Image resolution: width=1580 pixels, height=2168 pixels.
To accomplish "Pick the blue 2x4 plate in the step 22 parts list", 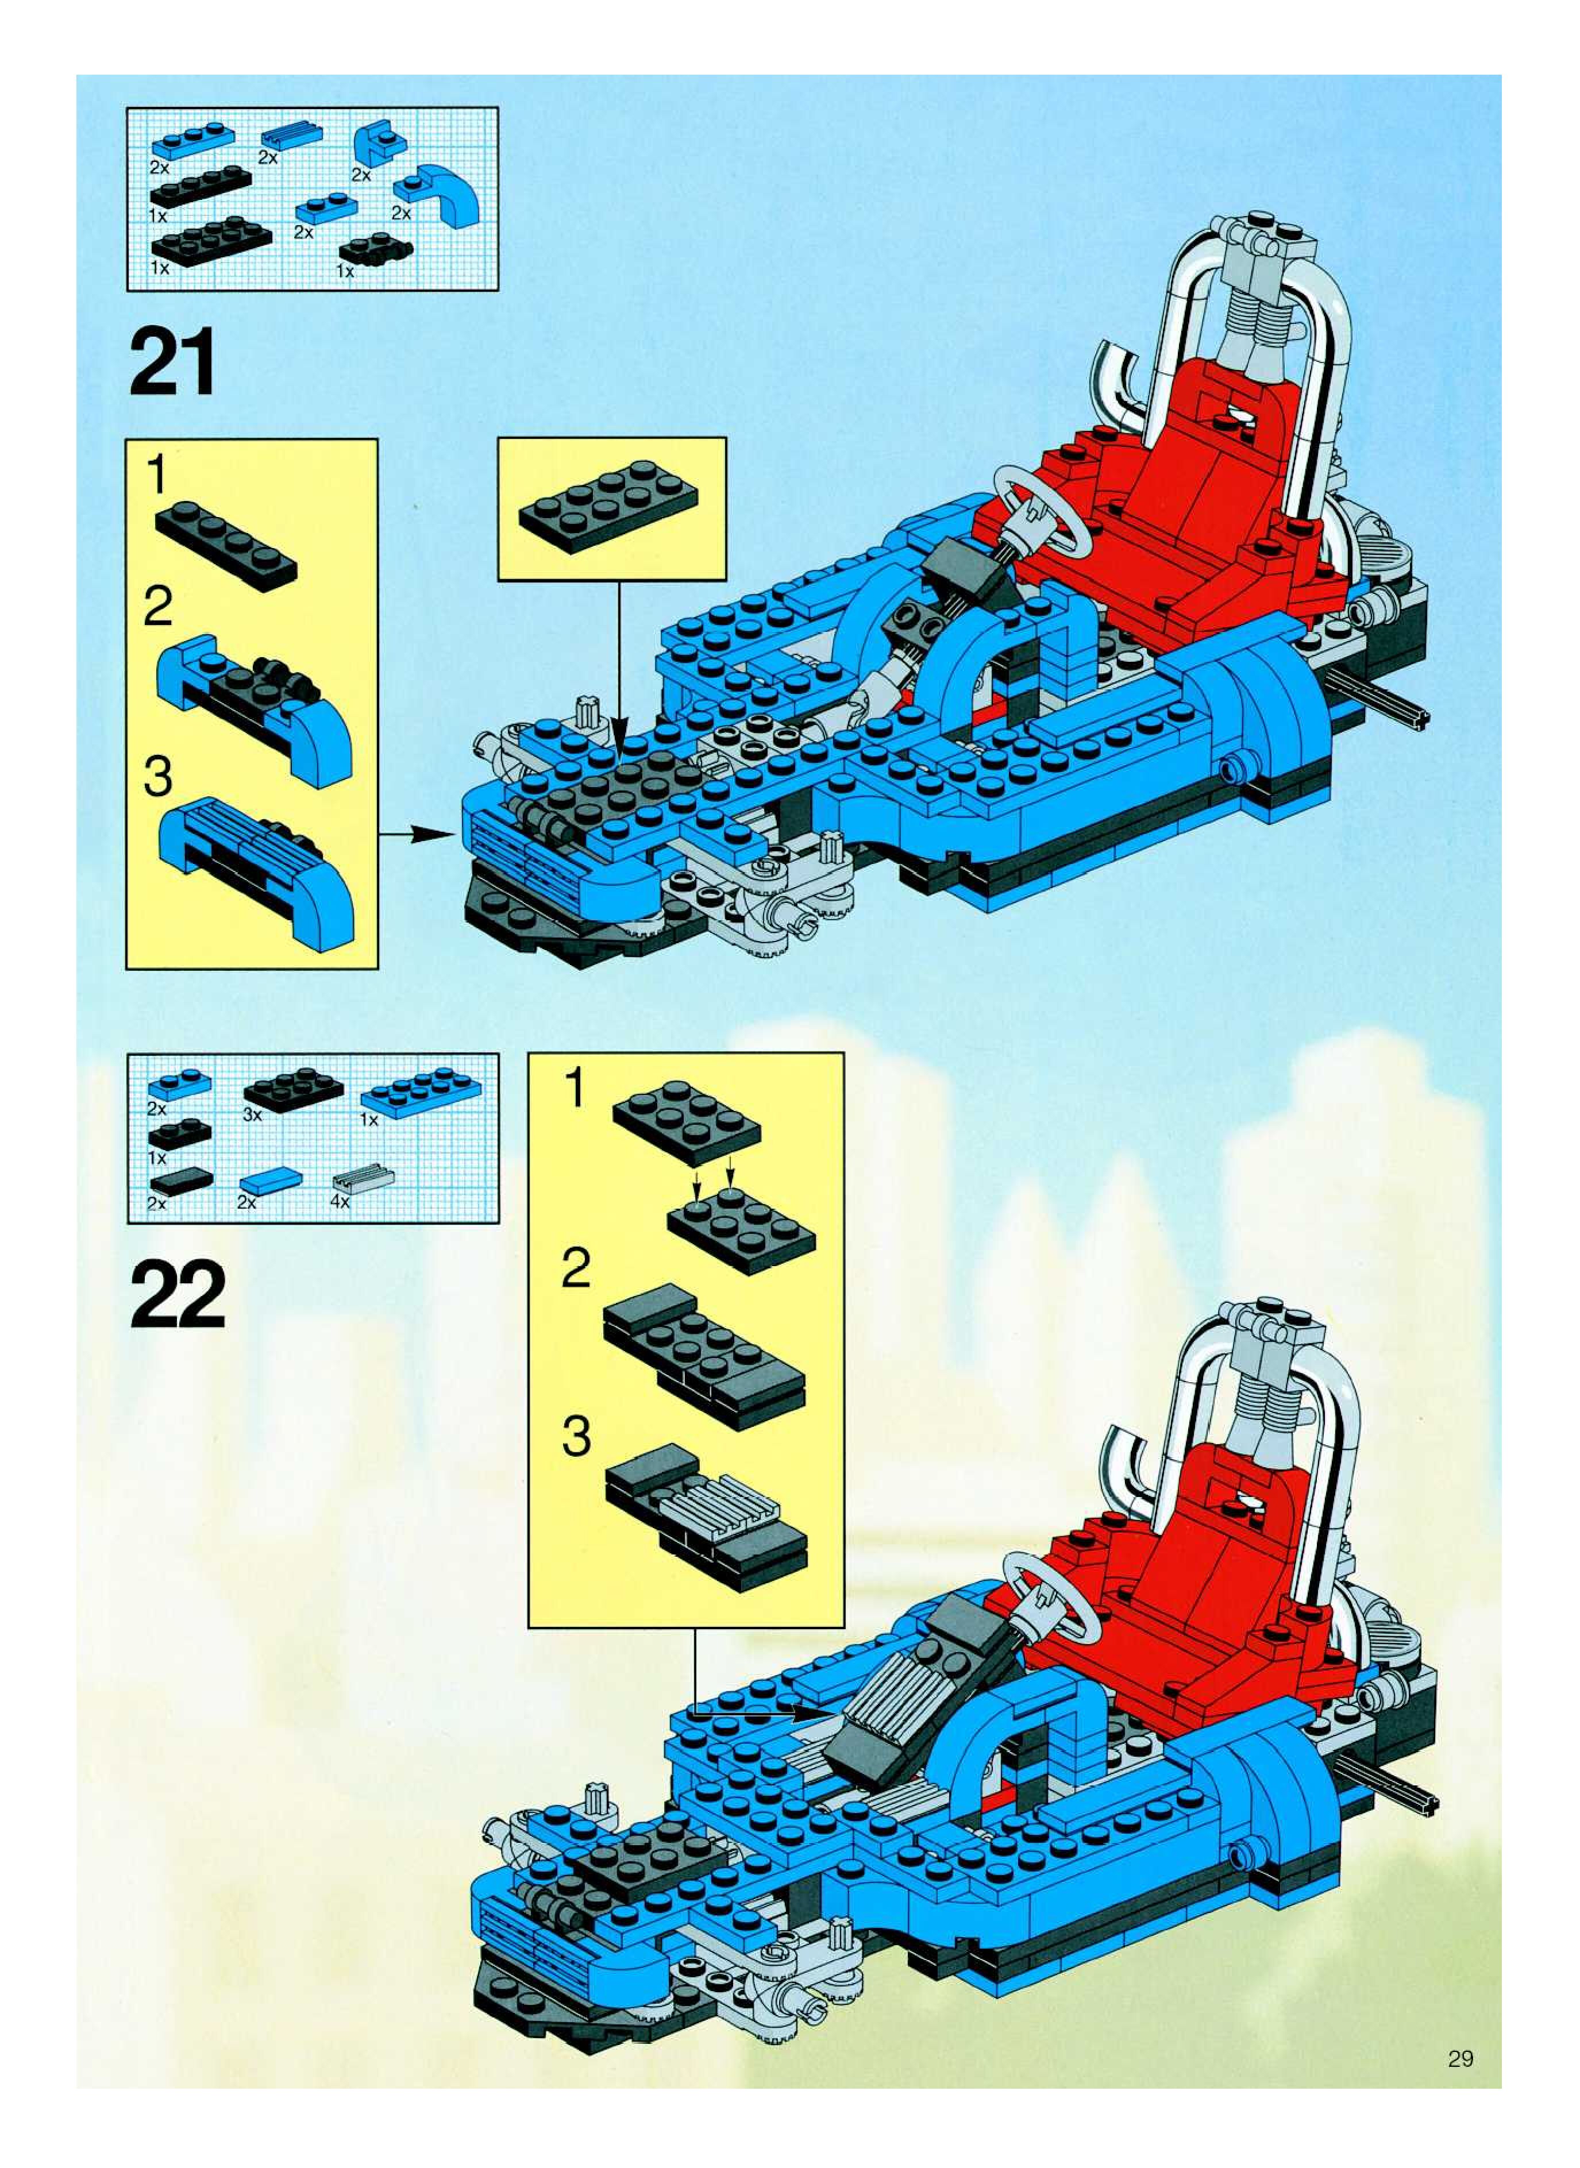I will tap(421, 1090).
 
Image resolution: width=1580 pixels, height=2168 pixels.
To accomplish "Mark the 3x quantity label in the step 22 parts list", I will tap(252, 1114).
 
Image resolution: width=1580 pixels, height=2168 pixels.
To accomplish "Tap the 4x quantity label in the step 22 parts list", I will tap(340, 1202).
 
